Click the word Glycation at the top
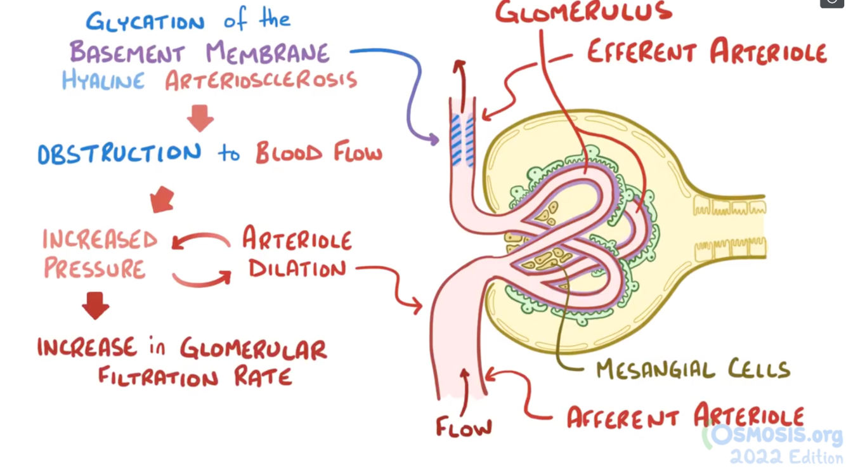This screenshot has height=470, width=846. tap(145, 22)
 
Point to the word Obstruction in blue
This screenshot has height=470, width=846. tap(119, 154)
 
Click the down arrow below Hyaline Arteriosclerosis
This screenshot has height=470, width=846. tap(200, 118)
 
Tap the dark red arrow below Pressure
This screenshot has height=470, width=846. tap(95, 305)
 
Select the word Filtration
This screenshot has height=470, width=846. tap(158, 377)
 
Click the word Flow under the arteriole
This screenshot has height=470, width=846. tap(464, 427)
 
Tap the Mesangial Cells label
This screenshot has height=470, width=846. tap(693, 369)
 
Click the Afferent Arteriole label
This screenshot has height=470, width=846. tap(685, 417)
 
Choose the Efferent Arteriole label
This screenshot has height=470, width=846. tap(706, 51)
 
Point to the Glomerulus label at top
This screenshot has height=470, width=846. tap(583, 13)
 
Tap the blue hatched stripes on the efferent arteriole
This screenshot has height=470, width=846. tap(462, 140)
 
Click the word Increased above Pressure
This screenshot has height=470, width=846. tap(100, 240)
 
